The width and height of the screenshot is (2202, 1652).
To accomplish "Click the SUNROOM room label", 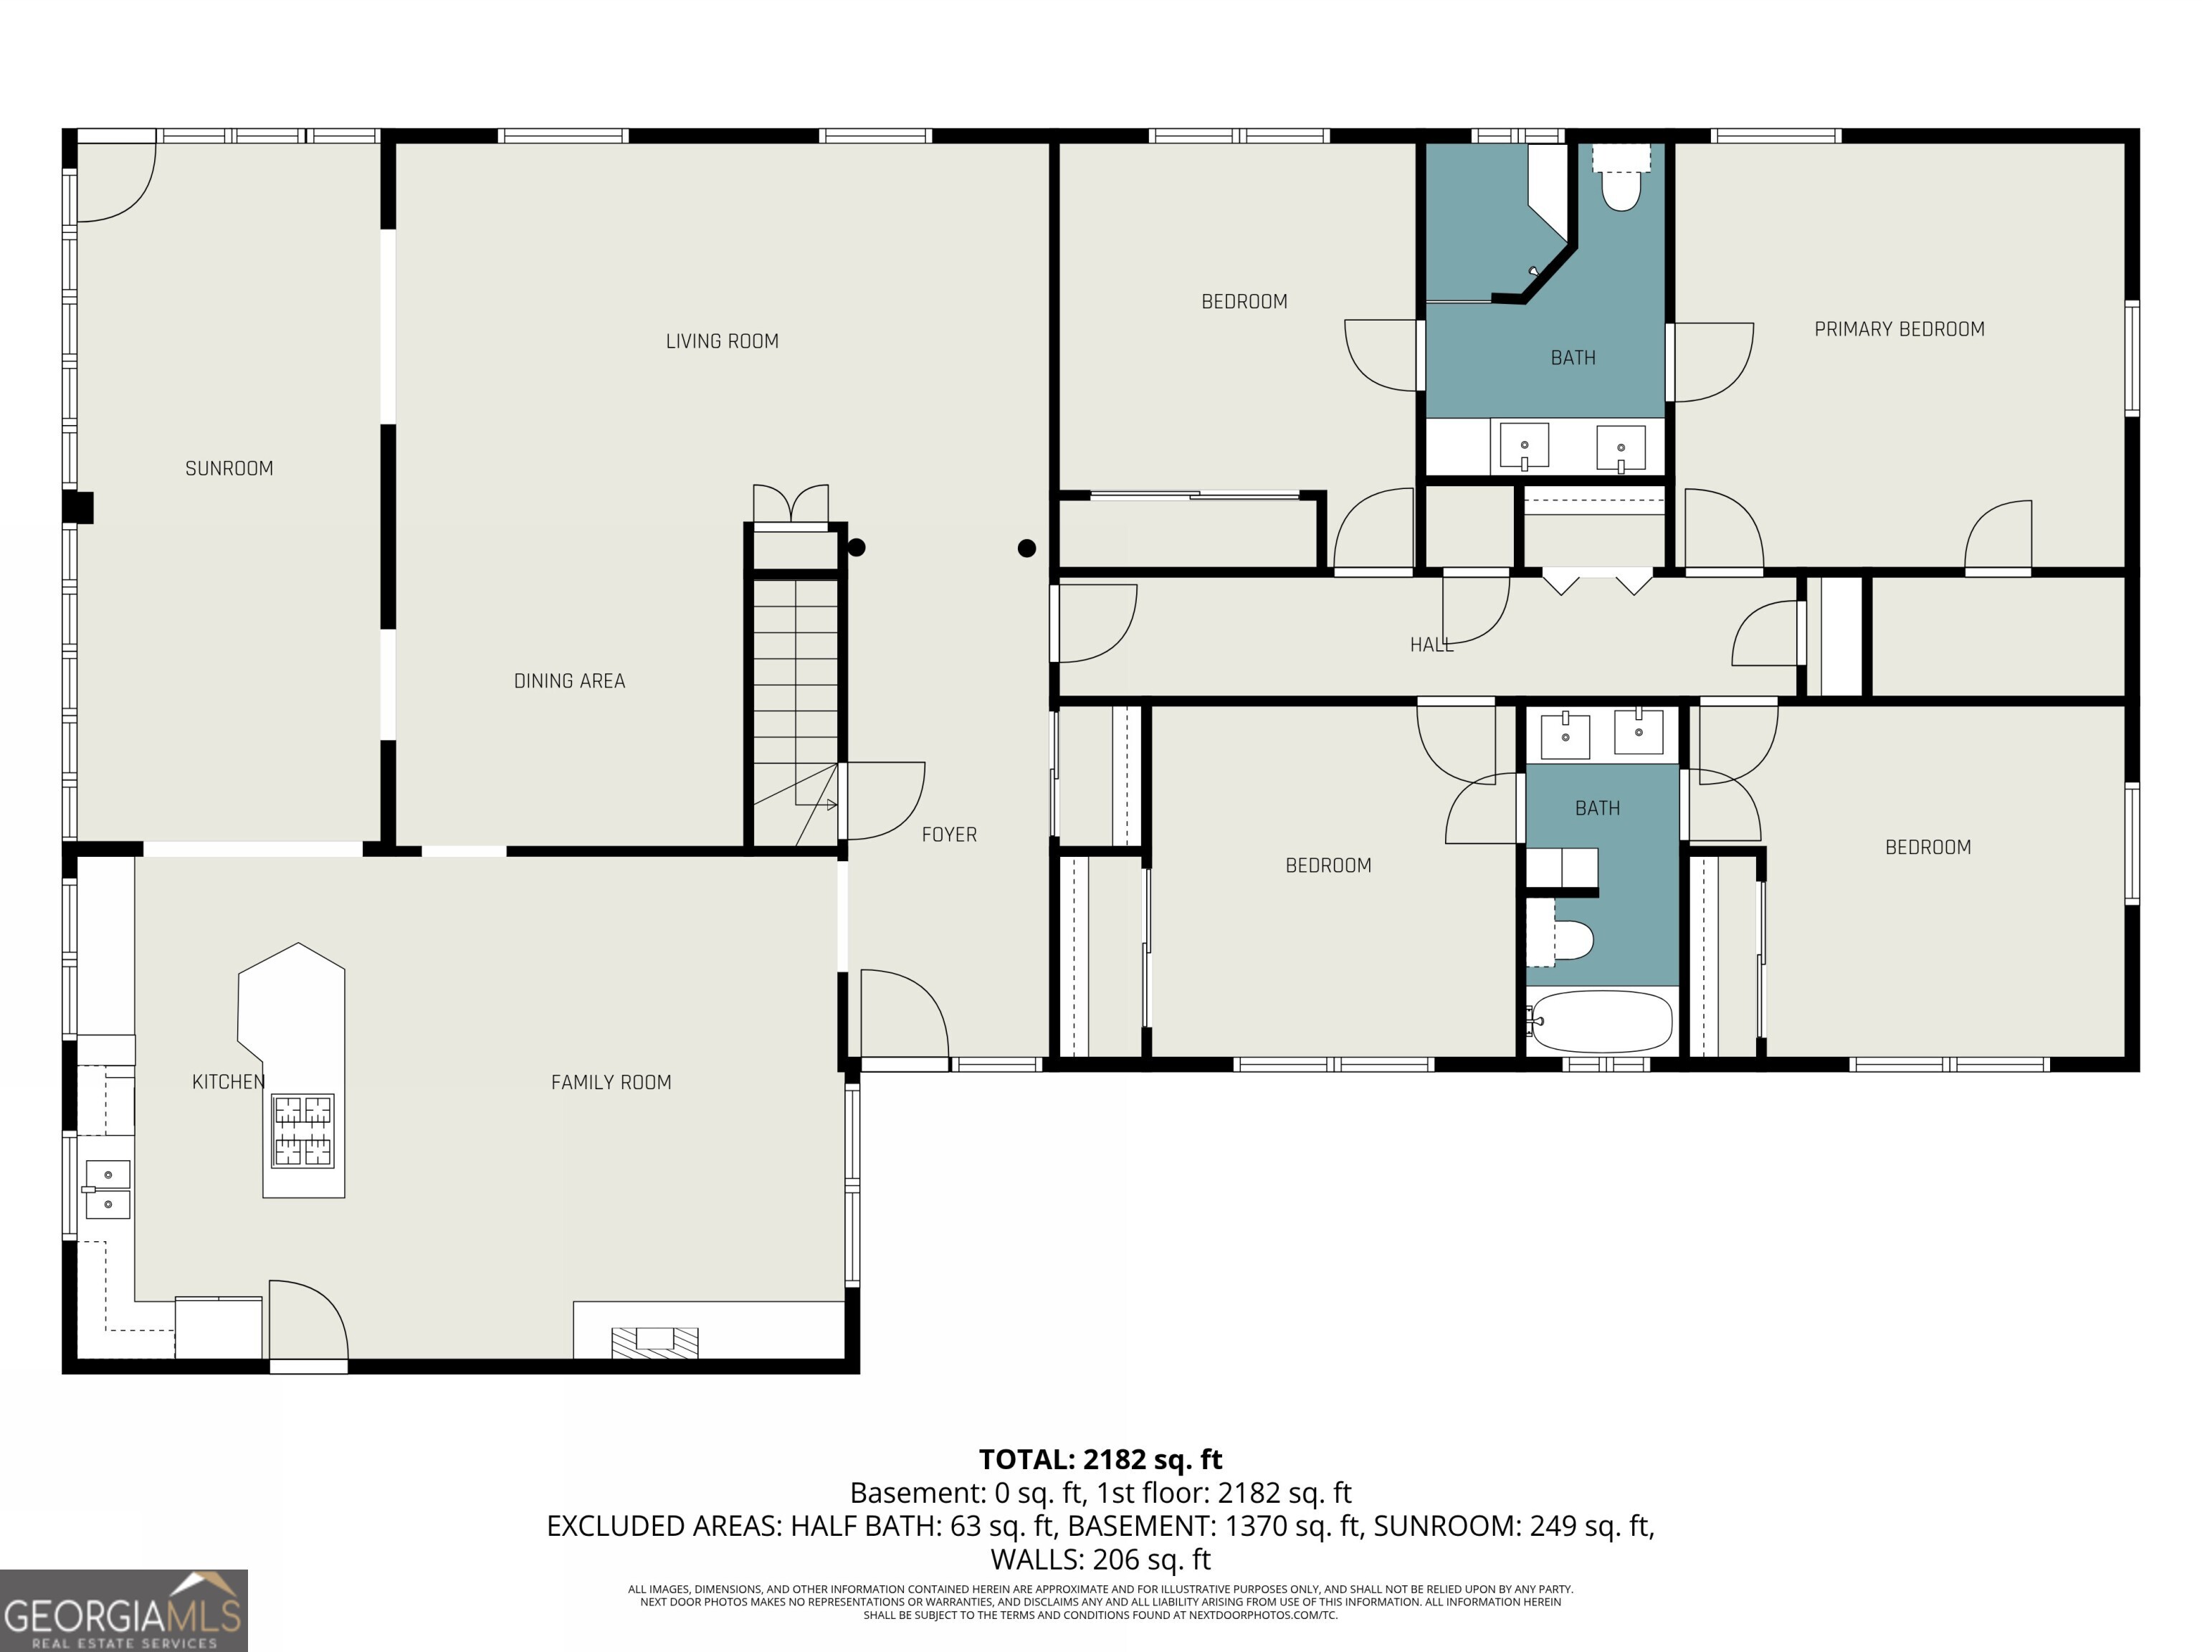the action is [x=229, y=468].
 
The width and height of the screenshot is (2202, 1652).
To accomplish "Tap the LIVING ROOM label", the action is [x=722, y=341].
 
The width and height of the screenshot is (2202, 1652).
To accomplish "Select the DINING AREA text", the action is [x=569, y=681].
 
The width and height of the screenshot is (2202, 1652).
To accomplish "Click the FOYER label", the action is [x=949, y=835].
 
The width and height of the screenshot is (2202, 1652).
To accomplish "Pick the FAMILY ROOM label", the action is [x=611, y=1083].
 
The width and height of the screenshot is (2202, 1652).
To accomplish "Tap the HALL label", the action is [x=1431, y=645].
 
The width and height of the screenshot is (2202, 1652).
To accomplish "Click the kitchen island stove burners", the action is [x=304, y=1130].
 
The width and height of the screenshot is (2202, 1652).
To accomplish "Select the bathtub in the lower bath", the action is [x=1600, y=1022].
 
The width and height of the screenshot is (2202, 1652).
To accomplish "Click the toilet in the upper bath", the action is [x=1621, y=179].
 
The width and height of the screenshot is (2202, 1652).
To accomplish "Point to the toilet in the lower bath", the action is [x=1561, y=938].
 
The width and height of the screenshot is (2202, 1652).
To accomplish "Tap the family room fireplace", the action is [x=654, y=1342].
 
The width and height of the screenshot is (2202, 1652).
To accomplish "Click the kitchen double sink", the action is [x=107, y=1189].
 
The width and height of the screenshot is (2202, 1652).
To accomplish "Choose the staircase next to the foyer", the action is [x=794, y=712].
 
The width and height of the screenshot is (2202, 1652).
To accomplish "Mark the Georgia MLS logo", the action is [x=123, y=1610].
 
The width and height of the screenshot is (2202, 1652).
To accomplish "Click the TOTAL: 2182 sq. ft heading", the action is [x=1100, y=1459].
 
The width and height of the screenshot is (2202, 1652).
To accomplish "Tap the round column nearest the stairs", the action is [x=856, y=546].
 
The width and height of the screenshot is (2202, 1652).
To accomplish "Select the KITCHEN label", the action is [x=228, y=1081].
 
